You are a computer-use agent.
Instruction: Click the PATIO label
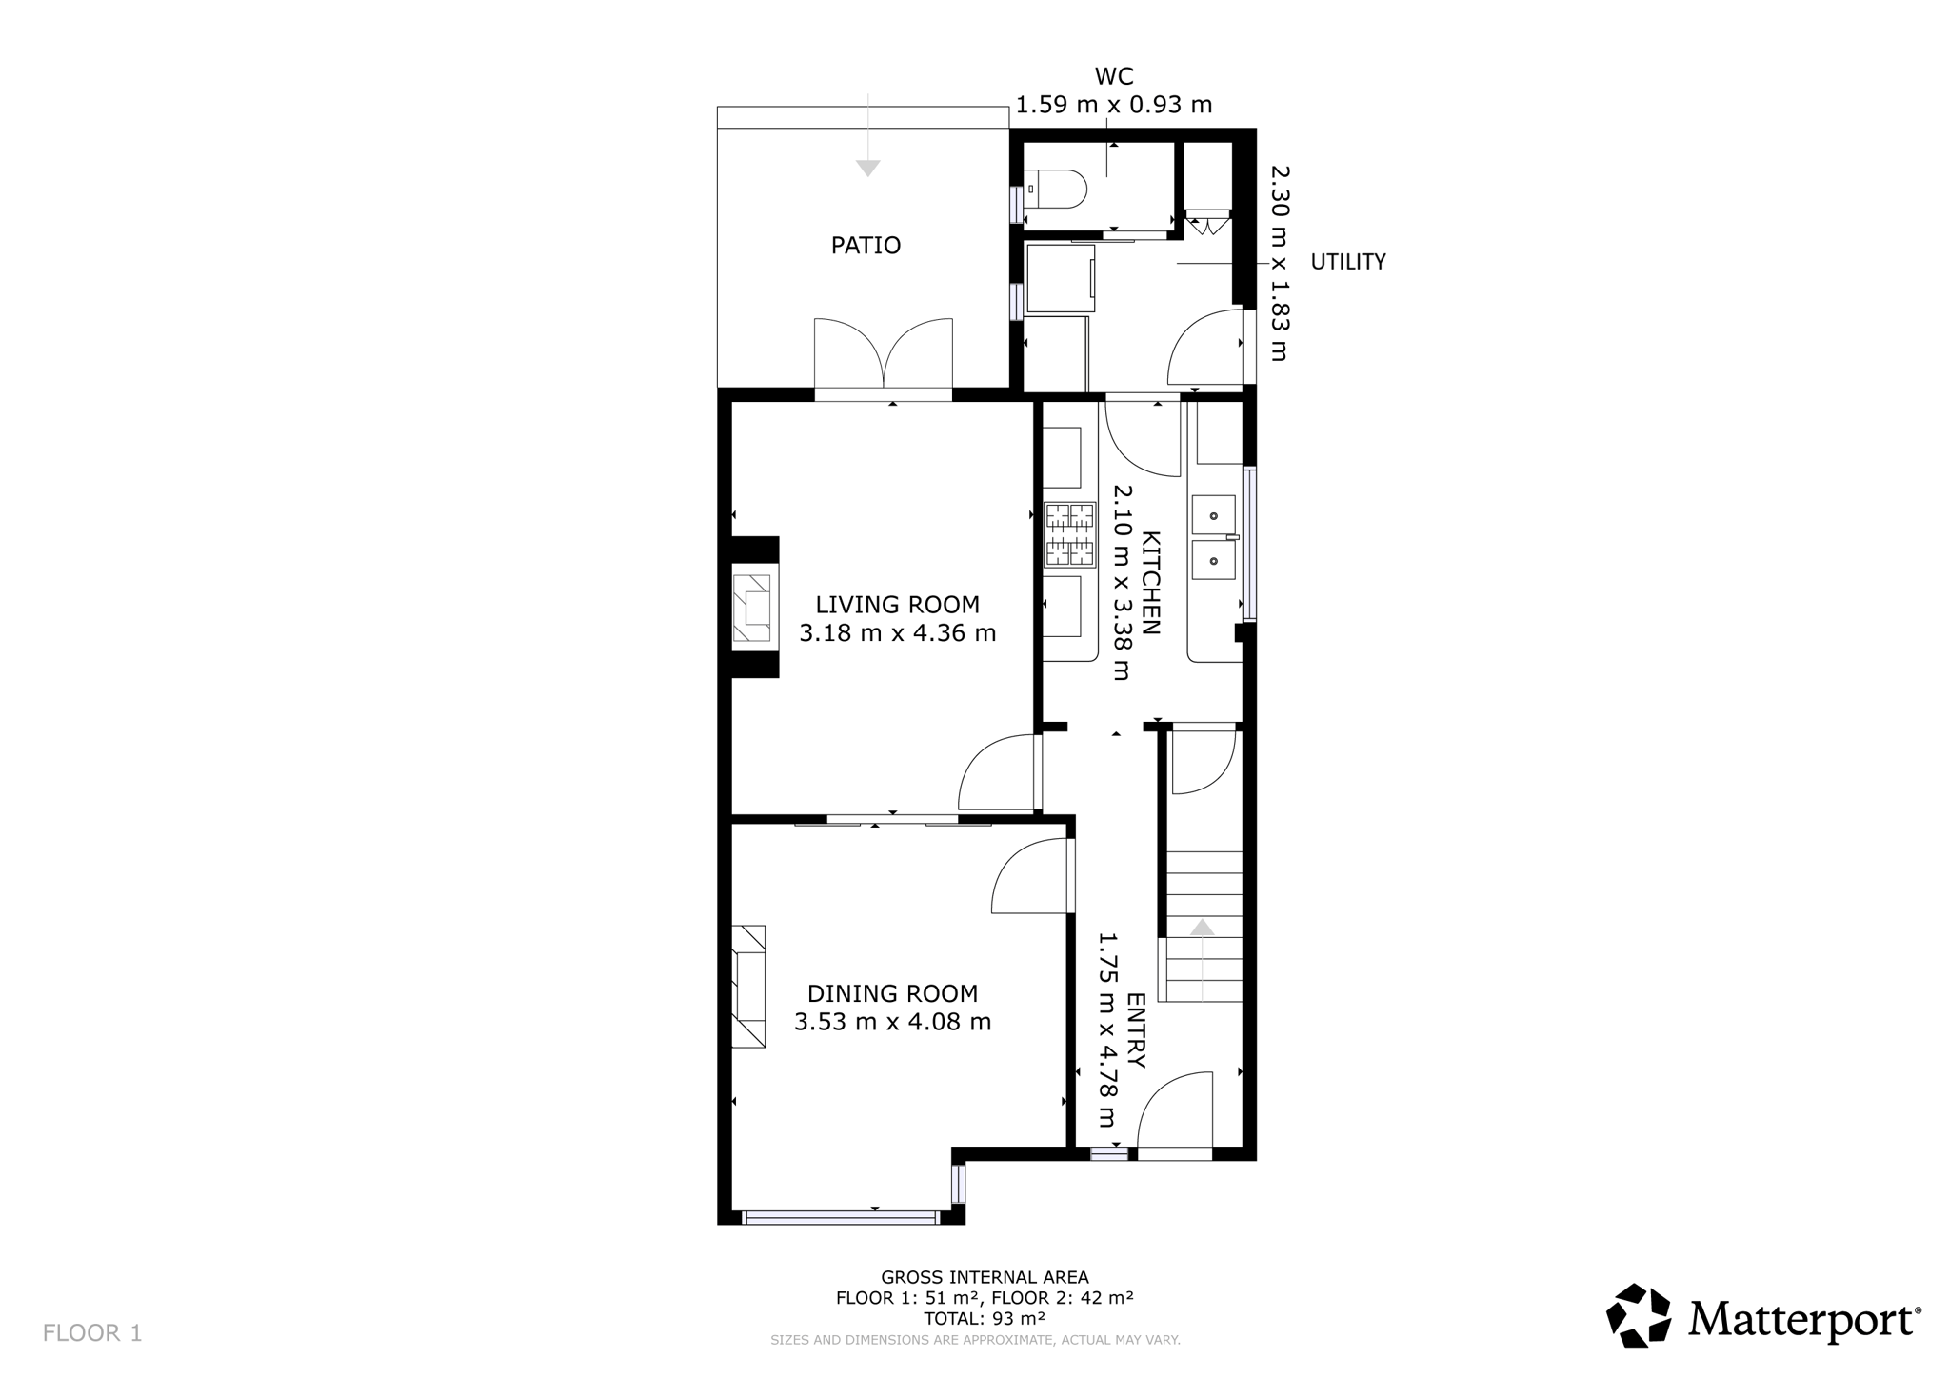point(866,246)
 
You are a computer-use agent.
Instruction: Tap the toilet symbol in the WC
point(1055,189)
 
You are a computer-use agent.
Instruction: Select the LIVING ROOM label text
point(897,605)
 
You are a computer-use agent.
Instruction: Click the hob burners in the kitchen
point(1070,534)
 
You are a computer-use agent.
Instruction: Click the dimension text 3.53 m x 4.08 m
point(893,1022)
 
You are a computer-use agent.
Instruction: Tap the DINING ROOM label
point(893,993)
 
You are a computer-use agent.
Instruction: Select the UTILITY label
point(1348,262)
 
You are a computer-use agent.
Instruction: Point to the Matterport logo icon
point(1639,1315)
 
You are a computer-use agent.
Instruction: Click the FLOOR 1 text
point(92,1333)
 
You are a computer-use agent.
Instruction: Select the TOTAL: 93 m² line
point(985,1319)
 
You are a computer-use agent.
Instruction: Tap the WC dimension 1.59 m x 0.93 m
point(1114,105)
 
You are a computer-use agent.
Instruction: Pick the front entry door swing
point(1175,1109)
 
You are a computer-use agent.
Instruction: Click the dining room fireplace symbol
point(748,987)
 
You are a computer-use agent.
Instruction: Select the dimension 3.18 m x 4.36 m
point(897,633)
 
